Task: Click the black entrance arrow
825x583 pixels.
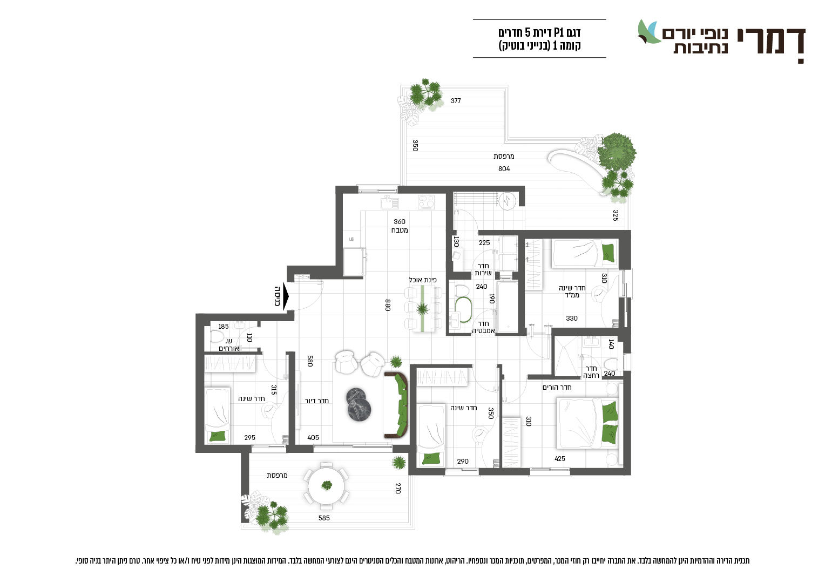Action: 286,296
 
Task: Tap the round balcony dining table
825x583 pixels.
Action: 326,486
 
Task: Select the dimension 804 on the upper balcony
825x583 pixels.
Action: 504,168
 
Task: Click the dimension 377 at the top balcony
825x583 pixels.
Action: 456,100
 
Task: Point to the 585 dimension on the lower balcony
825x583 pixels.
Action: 324,518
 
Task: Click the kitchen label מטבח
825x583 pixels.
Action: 400,231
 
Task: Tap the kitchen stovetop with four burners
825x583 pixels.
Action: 426,202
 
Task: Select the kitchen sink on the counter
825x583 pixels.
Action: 390,202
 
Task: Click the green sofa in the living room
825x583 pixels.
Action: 396,405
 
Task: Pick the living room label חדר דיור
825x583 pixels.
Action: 317,401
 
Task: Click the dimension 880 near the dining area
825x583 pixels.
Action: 388,305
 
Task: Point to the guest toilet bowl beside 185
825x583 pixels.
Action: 217,336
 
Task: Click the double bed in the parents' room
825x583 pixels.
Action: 589,423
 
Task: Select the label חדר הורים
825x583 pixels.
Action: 557,387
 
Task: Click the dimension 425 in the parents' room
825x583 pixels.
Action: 559,458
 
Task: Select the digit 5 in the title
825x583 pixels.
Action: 528,32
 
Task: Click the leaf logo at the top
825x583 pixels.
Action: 650,32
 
